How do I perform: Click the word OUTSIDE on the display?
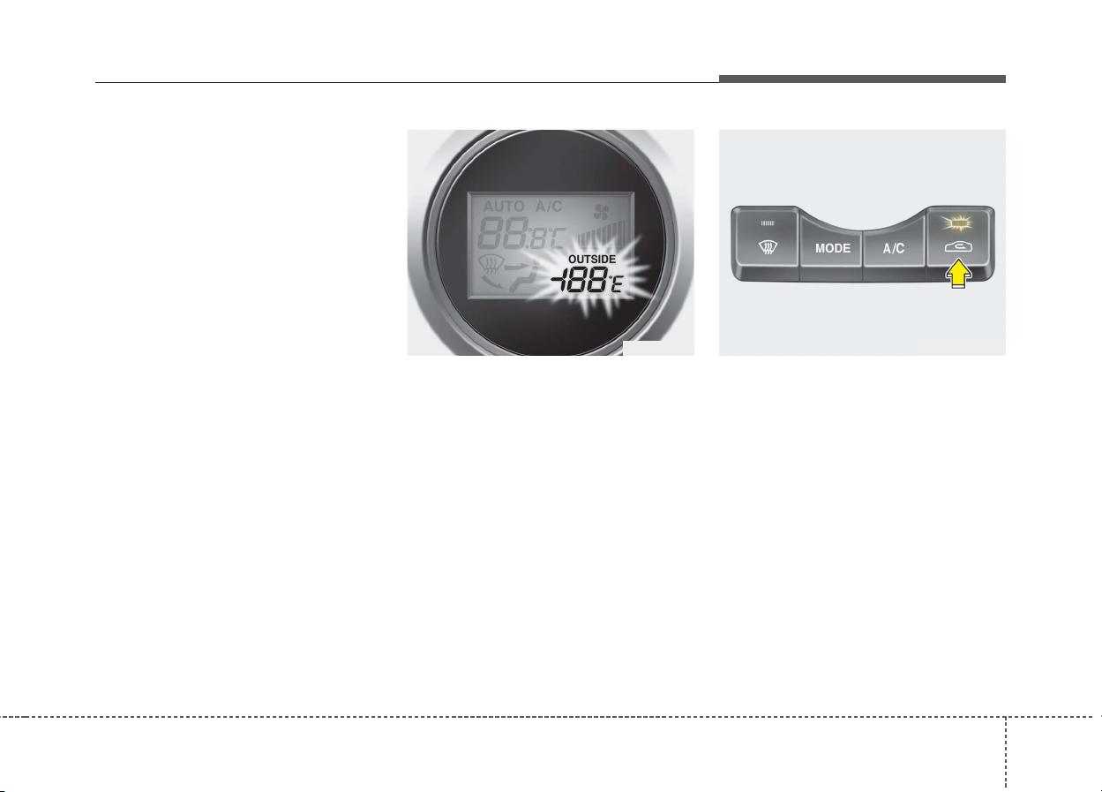(591, 260)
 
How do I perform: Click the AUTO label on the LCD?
(504, 207)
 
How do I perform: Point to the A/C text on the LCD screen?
(549, 207)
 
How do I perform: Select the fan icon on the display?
(601, 212)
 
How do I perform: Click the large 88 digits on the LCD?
(503, 233)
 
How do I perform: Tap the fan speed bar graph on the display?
(601, 235)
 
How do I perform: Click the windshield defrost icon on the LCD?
(490, 266)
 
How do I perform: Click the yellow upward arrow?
(958, 275)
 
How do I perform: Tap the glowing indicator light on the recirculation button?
(957, 223)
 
